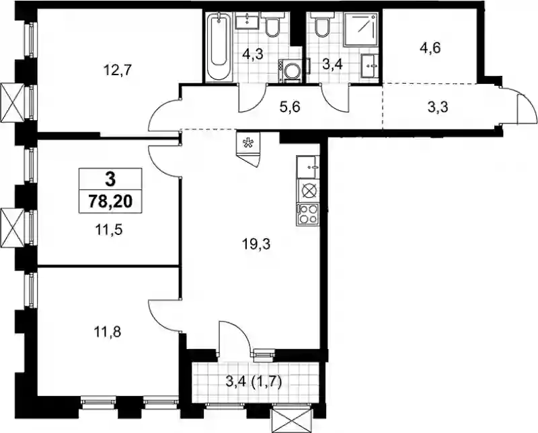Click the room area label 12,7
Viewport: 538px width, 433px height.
pyautogui.click(x=117, y=70)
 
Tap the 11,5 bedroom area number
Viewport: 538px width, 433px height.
pyautogui.click(x=109, y=230)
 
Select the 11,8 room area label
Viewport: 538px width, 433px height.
pyautogui.click(x=107, y=332)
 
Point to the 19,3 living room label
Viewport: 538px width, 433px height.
pyautogui.click(x=256, y=244)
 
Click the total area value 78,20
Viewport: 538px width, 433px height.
pyautogui.click(x=110, y=202)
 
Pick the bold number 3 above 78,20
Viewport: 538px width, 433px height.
pyautogui.click(x=110, y=179)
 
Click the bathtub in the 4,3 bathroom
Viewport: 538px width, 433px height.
pyautogui.click(x=219, y=46)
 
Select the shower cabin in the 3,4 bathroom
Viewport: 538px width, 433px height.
pyautogui.click(x=361, y=30)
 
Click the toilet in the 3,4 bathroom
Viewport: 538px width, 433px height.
pyautogui.click(x=321, y=24)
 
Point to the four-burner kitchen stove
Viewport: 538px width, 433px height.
pyautogui.click(x=308, y=214)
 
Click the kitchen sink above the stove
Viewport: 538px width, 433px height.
pyautogui.click(x=308, y=167)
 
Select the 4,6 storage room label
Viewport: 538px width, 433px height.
pyautogui.click(x=430, y=48)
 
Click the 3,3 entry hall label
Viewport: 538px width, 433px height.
pyautogui.click(x=438, y=107)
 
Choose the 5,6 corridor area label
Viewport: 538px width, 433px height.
pyautogui.click(x=291, y=107)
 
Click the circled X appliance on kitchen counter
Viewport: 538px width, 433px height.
pyautogui.click(x=308, y=191)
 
